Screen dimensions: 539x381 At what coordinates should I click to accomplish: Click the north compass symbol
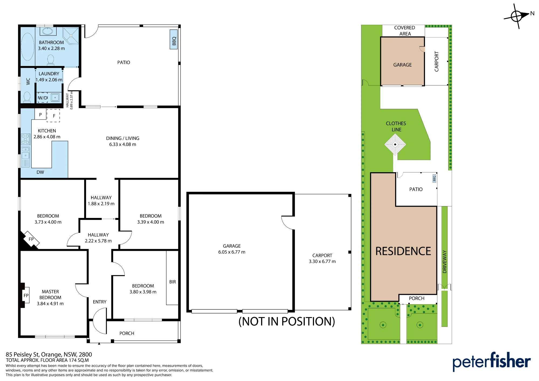pos(517,16)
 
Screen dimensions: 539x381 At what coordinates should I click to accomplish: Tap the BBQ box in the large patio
pos(174,39)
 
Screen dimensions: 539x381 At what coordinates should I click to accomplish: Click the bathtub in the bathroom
pos(27,46)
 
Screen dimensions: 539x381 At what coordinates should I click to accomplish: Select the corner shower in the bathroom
pos(71,36)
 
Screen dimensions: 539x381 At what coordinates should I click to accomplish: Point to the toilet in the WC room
pos(27,97)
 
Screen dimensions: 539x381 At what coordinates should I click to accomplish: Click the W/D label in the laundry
pos(43,98)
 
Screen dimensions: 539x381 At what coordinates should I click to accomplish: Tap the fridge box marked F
pos(53,116)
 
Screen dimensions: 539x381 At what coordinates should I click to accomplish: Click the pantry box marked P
pos(40,115)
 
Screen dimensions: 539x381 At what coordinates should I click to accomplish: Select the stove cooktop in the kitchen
pos(26,139)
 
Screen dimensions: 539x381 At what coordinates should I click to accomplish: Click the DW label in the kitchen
pos(40,172)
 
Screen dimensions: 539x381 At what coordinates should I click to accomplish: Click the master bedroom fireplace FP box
pos(26,296)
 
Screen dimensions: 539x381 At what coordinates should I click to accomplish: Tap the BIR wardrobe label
pos(172,282)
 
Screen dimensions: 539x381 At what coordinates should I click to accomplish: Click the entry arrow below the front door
pos(99,344)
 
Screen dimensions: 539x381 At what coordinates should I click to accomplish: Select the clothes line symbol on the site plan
pos(395,144)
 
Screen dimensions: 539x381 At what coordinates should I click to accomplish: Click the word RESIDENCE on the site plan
pos(403,251)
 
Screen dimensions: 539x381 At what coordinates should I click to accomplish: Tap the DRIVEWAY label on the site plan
pos(445,262)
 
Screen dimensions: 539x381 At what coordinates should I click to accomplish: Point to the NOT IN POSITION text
pos(287,321)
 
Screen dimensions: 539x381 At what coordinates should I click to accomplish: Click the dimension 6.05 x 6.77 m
pos(232,252)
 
